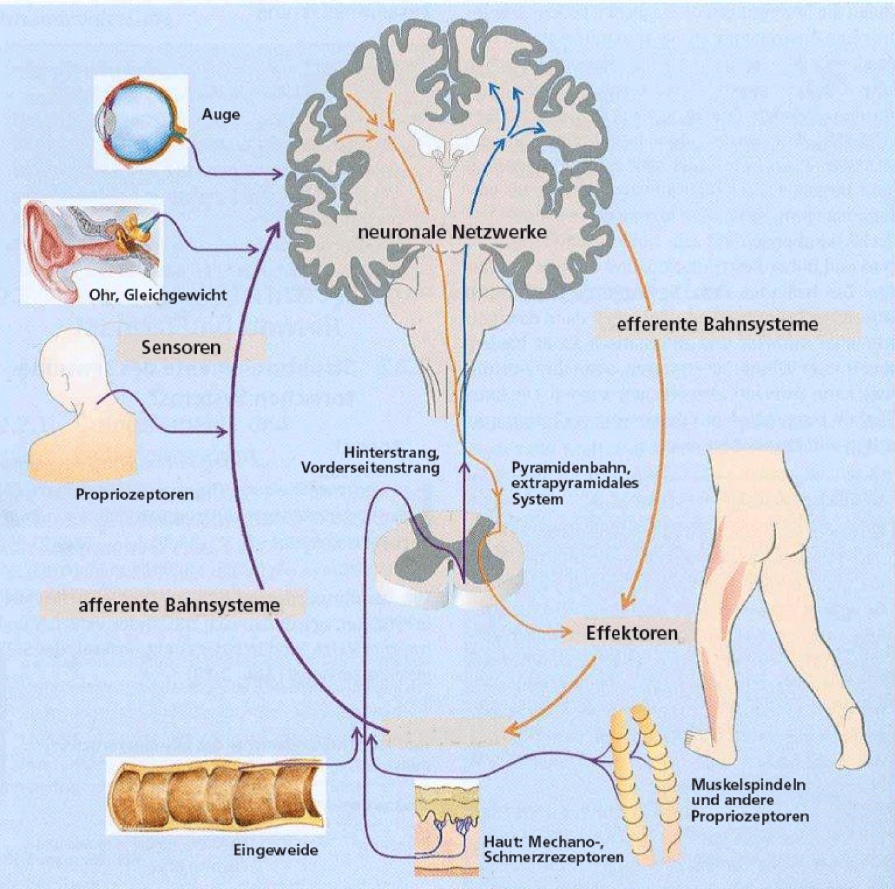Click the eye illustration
point(142,122)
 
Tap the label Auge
point(221,114)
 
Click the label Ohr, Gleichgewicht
point(158,295)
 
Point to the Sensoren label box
point(182,347)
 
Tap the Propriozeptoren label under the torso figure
point(135,494)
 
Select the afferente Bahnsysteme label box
point(179,605)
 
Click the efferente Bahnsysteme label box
point(717,324)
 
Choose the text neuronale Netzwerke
point(452,232)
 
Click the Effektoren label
point(632,633)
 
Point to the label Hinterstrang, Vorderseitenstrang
point(371,460)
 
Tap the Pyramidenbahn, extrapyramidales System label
point(574,483)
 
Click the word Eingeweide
point(276,850)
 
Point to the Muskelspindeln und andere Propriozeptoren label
point(749,800)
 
